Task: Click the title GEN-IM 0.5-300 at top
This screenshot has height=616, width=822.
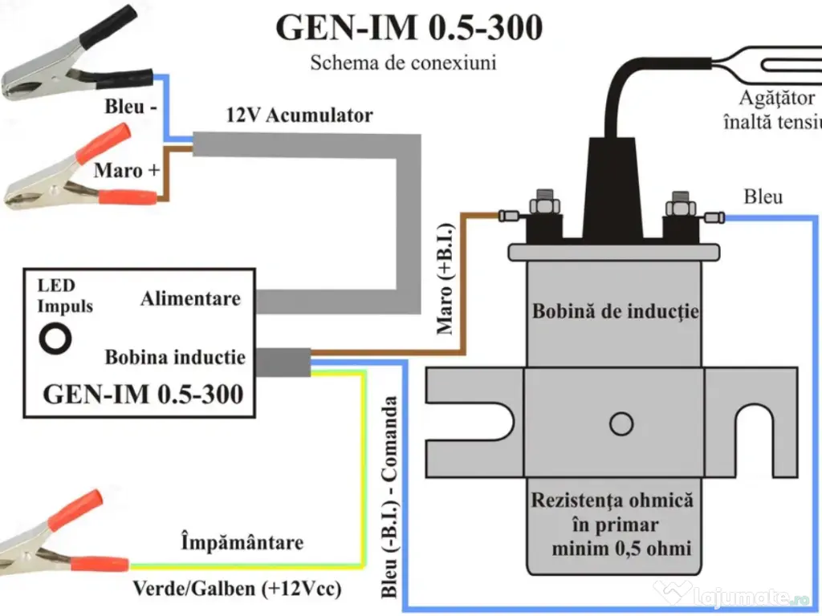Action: tap(409, 27)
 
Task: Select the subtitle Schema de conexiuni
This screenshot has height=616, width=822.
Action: tap(403, 63)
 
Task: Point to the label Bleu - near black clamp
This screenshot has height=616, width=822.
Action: tap(130, 107)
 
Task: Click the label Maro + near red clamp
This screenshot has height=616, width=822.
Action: tap(128, 170)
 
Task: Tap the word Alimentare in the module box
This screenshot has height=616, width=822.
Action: tap(190, 299)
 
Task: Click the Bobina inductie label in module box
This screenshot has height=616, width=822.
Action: tap(175, 357)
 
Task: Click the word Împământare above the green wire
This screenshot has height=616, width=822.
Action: tap(242, 543)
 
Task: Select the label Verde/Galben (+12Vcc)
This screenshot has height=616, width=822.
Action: tap(237, 590)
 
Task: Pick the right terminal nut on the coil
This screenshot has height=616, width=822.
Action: tap(680, 204)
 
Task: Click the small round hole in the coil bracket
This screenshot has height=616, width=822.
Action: tap(621, 423)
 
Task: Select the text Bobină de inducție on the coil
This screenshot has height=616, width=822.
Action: tap(615, 311)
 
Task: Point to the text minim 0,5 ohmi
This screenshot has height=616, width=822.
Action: tap(621, 549)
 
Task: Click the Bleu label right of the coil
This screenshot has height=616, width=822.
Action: tap(763, 197)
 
